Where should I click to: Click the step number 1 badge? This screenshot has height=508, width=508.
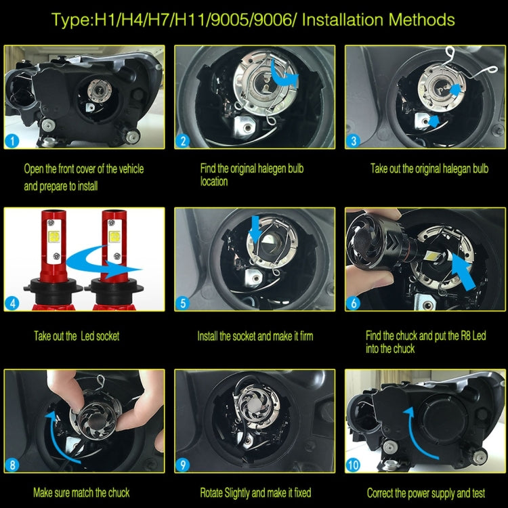(x=12, y=141)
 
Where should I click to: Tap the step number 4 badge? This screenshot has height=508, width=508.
(x=12, y=303)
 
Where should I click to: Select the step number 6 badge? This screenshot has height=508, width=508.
(x=353, y=303)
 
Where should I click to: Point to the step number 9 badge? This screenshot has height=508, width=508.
(x=183, y=465)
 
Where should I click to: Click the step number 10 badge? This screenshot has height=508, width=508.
(x=353, y=465)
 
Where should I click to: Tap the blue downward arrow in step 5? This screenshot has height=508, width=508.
(x=255, y=228)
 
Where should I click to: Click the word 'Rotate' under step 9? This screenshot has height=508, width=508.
(x=211, y=493)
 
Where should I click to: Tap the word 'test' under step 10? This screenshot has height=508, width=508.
(x=478, y=493)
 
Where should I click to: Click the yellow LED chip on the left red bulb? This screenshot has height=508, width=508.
(x=54, y=237)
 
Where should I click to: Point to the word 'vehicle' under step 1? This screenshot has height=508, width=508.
(x=131, y=169)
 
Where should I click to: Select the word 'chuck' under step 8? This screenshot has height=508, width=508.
(x=119, y=493)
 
